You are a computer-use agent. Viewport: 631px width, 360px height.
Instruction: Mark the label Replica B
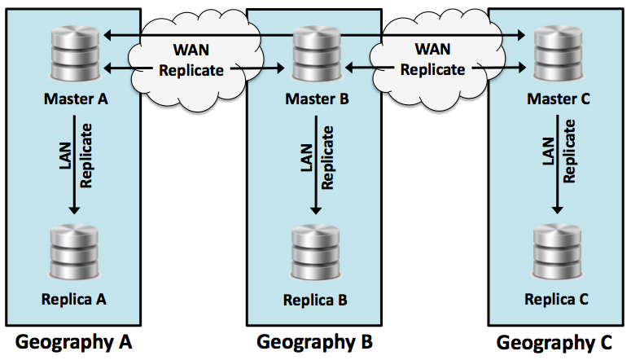coord(316,300)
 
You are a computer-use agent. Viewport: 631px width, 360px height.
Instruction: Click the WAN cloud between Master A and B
coord(193,58)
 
